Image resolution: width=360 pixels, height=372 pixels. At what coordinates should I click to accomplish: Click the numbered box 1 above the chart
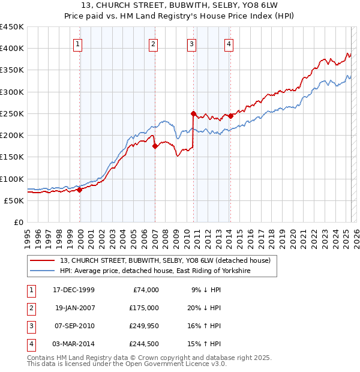coord(79,43)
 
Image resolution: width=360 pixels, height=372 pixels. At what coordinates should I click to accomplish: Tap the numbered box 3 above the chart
coord(191,43)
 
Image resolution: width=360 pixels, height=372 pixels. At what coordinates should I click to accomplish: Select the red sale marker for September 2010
coord(193,113)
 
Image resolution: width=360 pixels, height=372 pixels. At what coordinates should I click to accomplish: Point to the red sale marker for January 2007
coord(155,146)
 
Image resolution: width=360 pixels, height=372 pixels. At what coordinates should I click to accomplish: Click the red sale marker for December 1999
coord(80,190)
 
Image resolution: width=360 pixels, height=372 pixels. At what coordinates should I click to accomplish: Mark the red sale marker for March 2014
coord(230,116)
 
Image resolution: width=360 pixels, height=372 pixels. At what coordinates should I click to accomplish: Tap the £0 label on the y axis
coord(19,222)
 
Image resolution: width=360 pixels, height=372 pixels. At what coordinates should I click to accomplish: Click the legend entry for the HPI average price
coord(155,271)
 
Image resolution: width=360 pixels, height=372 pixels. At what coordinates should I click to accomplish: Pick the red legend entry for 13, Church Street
coord(166,260)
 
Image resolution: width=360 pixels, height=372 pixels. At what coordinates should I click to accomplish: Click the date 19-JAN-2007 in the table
coord(74,308)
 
